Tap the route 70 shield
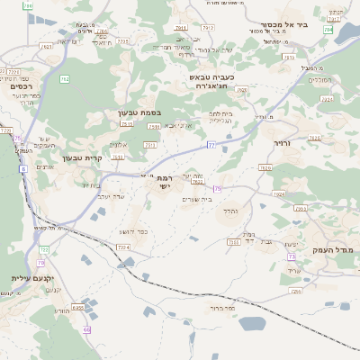40,263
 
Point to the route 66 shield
86,329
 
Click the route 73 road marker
217,189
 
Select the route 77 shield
211,144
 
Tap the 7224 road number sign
123,246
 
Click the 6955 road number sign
77,308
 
